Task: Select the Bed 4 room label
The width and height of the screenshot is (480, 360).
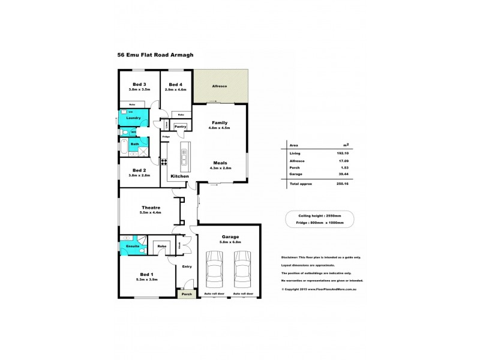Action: (x=176, y=84)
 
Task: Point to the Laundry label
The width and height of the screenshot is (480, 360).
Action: (x=133, y=118)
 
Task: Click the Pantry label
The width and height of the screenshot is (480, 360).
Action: (x=180, y=127)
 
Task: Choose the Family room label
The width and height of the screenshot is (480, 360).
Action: (x=219, y=122)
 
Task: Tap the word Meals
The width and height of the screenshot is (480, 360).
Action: (x=219, y=163)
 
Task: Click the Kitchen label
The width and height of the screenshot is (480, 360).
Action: (x=180, y=176)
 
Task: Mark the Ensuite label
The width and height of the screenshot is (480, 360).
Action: (x=133, y=246)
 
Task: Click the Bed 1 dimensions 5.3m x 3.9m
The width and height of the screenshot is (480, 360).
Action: (x=147, y=280)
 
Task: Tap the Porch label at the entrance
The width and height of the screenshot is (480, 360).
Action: (x=187, y=294)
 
